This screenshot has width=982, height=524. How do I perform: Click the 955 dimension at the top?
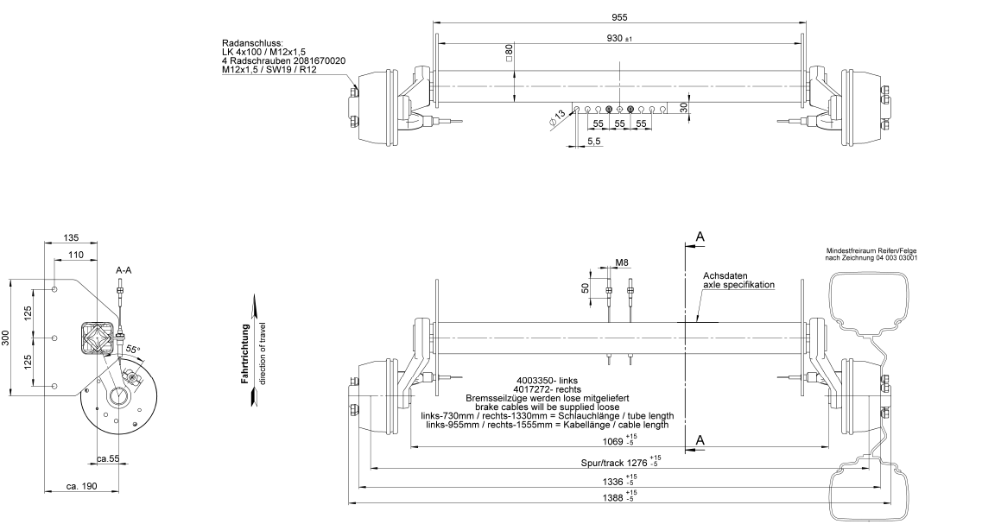(x=618, y=17)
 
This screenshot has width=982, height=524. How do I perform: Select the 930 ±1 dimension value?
(x=619, y=38)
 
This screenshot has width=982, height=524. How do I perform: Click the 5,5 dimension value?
(x=594, y=142)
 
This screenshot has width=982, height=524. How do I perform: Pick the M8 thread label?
(x=621, y=263)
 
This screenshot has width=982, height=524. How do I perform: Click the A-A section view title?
(x=124, y=270)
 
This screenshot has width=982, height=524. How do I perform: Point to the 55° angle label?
(x=133, y=349)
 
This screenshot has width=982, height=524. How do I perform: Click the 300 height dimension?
(x=6, y=338)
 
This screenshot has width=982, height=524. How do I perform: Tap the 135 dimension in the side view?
(x=72, y=238)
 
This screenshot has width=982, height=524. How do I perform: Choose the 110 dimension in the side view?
(x=76, y=255)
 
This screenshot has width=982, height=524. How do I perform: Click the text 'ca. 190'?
(x=82, y=486)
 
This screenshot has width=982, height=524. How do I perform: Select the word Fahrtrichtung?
(x=246, y=353)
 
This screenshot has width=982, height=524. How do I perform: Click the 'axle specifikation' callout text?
(x=738, y=285)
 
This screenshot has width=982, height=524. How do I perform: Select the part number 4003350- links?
(x=547, y=380)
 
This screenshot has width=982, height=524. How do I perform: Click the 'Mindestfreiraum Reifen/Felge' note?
(x=871, y=249)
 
